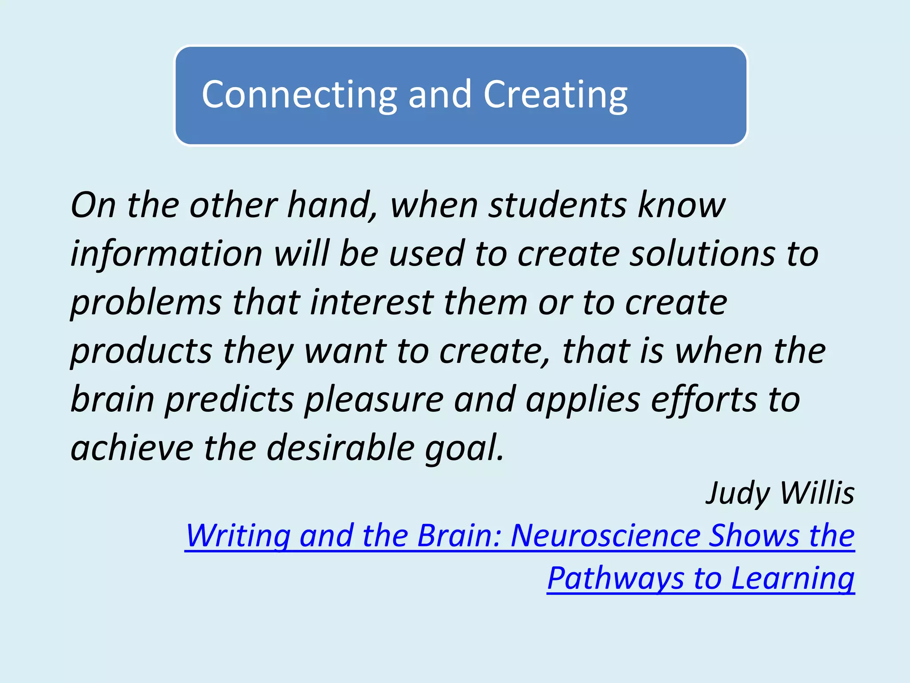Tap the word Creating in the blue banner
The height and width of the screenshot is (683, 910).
(555, 95)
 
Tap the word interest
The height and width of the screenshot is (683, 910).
(372, 302)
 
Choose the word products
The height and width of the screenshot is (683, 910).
(141, 351)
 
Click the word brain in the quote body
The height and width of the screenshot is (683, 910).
(112, 399)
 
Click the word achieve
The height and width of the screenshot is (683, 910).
(132, 447)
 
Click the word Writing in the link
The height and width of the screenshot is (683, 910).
(238, 536)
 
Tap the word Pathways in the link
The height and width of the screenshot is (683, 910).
(616, 579)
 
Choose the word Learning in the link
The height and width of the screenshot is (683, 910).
(793, 579)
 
